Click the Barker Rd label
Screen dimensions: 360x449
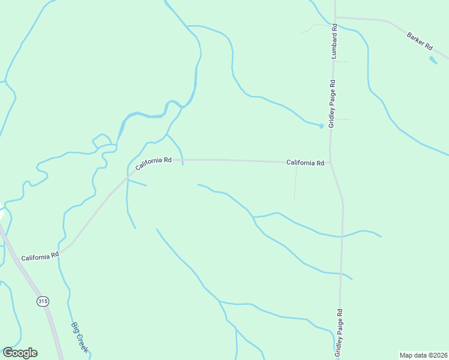420,41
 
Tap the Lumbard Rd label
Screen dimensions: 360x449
334,41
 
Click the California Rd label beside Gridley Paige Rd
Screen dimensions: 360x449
305,163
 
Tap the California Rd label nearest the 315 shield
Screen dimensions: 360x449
40,257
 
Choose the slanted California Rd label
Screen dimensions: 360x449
154,163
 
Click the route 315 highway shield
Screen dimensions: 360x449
42,301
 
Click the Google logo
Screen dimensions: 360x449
20,353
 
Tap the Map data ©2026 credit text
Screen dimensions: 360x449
423,355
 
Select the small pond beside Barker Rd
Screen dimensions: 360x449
433,60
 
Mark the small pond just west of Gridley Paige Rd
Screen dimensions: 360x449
321,126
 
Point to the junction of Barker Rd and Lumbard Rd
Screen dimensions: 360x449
335,18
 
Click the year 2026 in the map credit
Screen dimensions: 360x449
439,355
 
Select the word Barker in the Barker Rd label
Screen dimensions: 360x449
416,38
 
